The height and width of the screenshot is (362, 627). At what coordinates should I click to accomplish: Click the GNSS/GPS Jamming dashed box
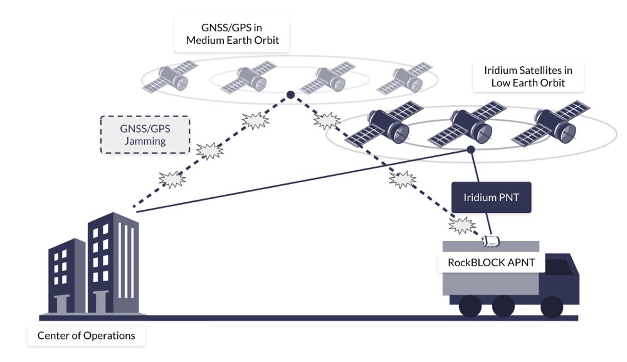tap(145, 134)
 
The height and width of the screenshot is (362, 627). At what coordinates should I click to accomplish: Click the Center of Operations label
tap(86, 336)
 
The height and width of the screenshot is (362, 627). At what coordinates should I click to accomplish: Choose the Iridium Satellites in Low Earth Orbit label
tap(529, 76)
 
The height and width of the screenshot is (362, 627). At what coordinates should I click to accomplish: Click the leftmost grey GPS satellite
tap(169, 78)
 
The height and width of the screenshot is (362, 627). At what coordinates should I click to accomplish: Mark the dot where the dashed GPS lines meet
tap(290, 95)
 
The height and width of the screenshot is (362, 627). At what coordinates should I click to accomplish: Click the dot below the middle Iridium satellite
tap(470, 150)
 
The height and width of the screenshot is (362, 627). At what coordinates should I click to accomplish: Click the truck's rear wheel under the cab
tap(551, 306)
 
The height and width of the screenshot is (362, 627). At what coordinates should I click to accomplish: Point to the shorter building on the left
tap(66, 276)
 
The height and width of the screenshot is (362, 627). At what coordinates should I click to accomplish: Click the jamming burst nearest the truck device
tap(461, 224)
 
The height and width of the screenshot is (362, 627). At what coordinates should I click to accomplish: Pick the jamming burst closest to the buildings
tap(172, 180)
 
